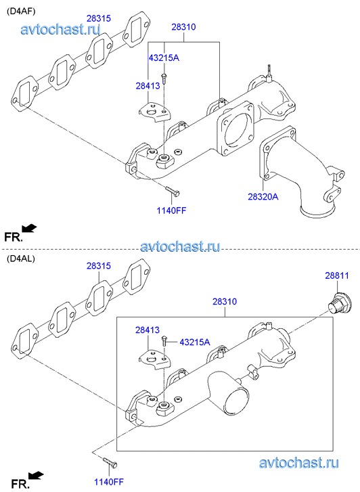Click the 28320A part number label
tap(263, 197)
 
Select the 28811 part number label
tap(337, 275)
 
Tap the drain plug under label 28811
tap(338, 302)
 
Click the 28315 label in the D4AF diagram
tap(99, 18)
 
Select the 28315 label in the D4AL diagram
tap(99, 266)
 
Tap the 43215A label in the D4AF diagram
tap(164, 58)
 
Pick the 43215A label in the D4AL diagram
tap(195, 342)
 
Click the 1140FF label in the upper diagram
tap(171, 210)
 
